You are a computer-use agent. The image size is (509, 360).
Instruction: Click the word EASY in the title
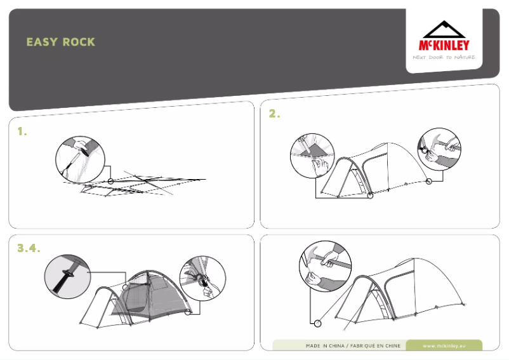coord(42,42)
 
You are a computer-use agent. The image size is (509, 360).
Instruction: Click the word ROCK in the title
coord(79,42)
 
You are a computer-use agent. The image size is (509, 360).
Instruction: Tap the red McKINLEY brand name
coord(444,45)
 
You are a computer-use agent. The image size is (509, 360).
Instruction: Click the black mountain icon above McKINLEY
coord(444,29)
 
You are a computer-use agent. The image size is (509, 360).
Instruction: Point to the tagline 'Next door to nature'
coord(444,57)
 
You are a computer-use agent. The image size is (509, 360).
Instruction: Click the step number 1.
coord(22,131)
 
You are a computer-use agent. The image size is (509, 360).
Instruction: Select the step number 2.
coord(274,114)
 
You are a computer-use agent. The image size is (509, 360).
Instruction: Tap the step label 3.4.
coord(29,248)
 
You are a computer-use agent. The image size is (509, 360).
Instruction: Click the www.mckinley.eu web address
coord(444,346)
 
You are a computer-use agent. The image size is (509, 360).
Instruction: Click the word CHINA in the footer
coord(336,346)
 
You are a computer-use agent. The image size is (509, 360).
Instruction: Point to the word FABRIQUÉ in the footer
coord(362,346)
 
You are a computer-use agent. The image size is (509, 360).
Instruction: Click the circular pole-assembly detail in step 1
coord(80,159)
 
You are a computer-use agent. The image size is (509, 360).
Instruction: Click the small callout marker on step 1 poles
coord(110,181)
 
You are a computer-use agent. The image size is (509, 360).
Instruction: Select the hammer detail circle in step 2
coord(439,149)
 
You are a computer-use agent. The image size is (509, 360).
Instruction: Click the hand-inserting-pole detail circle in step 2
coord(312,156)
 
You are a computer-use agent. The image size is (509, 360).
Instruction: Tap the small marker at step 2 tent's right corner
coord(429,182)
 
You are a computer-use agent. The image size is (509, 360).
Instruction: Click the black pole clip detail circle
coord(67,277)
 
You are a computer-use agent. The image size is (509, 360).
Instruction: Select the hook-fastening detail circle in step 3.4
coord(202,278)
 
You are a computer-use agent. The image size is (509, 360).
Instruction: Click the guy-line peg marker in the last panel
coord(318,323)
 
